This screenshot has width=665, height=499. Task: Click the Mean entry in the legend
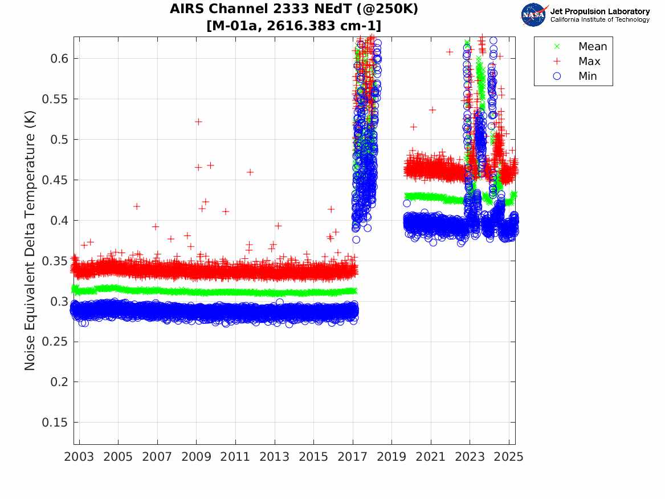(592, 47)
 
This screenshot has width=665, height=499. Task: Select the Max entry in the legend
(589, 62)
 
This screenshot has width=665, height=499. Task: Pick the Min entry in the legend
(588, 76)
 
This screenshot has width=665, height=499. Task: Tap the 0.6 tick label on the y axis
(56, 58)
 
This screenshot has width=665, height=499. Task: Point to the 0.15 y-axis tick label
(53, 423)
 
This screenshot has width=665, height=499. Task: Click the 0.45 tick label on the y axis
(53, 180)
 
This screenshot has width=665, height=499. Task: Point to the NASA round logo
(533, 15)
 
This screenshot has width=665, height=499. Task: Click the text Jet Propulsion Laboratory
(599, 11)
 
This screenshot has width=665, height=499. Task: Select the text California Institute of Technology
(599, 20)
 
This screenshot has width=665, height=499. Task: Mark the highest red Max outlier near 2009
(198, 121)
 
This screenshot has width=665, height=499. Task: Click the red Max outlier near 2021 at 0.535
(432, 109)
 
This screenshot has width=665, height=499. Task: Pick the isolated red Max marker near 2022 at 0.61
(450, 51)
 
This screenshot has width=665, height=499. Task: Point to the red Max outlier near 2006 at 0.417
(137, 206)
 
